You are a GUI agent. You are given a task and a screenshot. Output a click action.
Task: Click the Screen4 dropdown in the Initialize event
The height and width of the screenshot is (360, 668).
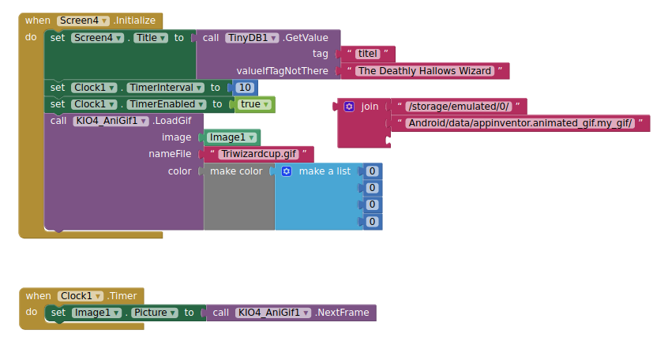(83, 21)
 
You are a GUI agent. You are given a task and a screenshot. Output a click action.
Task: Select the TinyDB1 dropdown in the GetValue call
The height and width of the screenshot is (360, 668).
(252, 37)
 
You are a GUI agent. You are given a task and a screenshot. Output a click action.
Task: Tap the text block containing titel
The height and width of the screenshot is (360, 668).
(368, 54)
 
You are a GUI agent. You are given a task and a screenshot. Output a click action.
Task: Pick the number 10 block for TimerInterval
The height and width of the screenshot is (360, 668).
(245, 88)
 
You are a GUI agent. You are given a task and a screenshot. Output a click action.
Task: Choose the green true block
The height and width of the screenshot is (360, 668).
(250, 104)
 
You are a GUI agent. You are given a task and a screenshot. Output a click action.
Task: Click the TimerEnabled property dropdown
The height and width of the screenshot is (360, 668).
(165, 104)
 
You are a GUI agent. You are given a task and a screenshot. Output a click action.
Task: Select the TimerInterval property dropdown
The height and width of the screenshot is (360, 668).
(163, 88)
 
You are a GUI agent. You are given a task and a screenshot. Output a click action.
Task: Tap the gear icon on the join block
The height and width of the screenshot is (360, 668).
(349, 107)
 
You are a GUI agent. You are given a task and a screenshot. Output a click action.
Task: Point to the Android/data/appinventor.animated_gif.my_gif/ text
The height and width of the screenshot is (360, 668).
(520, 123)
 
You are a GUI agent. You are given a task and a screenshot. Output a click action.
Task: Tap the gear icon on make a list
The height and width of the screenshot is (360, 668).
(287, 171)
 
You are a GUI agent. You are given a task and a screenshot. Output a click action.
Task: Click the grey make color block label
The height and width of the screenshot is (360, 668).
(235, 171)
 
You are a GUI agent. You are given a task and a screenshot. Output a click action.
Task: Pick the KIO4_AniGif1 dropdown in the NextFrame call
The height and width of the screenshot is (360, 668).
(273, 313)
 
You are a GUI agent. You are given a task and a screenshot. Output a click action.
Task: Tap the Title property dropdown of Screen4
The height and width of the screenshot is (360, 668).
(151, 37)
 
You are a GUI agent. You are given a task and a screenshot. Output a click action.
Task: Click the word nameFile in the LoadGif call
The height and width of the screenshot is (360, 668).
(170, 154)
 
